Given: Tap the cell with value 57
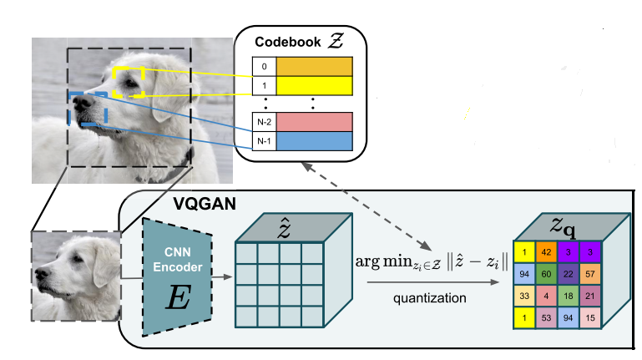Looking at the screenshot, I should (589, 274).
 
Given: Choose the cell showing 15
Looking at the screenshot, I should (589, 318).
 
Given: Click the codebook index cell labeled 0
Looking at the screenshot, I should (263, 66).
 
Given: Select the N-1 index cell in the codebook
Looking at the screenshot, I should (263, 141).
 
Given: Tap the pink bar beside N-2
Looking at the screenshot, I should (316, 122).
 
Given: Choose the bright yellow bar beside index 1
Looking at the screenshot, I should (316, 85).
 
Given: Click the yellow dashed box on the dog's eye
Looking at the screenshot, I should (129, 81).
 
